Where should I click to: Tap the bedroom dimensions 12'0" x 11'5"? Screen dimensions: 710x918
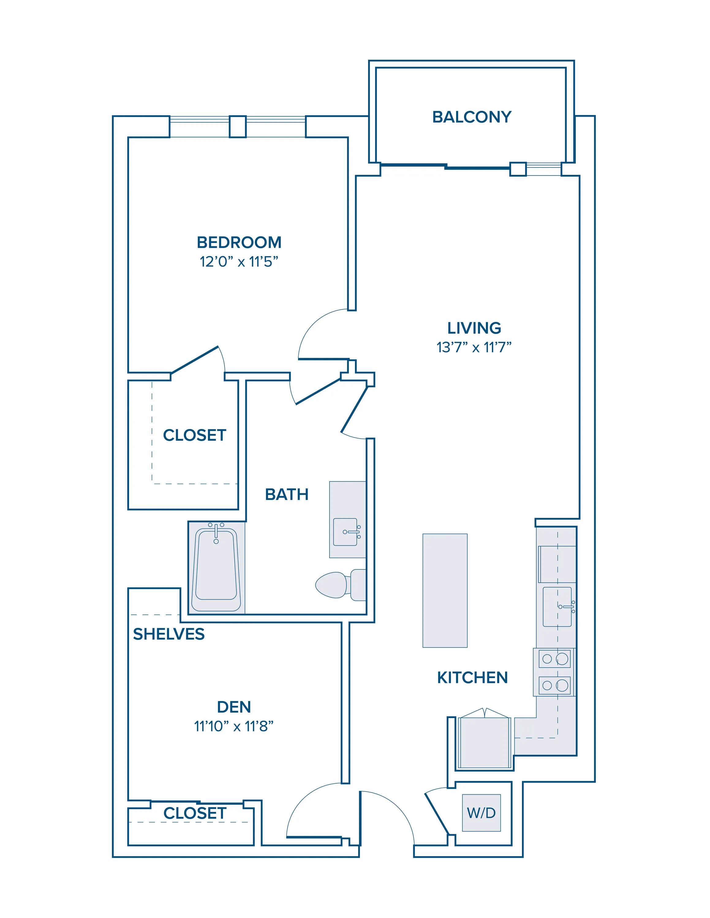239,262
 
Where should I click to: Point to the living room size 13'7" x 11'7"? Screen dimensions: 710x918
474,347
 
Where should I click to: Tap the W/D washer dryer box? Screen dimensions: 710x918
481,813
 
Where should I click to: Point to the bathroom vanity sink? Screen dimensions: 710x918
347,532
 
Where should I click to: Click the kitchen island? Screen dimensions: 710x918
445,590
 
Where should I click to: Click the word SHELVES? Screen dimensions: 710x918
169,634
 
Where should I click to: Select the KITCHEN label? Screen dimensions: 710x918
472,677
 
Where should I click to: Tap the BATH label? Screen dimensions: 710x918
287,494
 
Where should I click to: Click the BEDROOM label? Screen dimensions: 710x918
239,243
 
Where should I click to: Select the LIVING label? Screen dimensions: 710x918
474,328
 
